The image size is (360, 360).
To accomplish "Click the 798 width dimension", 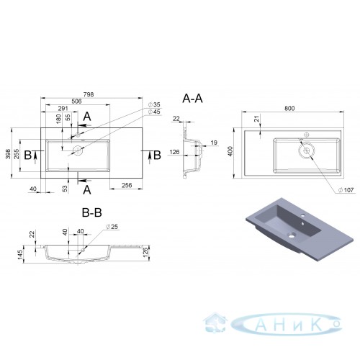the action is click(89, 94).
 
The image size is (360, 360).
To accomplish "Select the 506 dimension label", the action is click(76, 101).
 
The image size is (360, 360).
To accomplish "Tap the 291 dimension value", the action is click(63, 109).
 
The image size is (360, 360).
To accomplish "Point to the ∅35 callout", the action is click(154, 104).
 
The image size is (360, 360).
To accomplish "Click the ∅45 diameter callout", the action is click(154, 112).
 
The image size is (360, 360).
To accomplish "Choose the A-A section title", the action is click(192, 99).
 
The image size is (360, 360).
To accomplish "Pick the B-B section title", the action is click(92, 212).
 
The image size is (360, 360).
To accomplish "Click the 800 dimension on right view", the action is click(289, 108).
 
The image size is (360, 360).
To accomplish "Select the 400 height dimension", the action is click(230, 151).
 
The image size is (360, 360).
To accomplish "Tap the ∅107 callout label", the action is click(346, 190).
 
